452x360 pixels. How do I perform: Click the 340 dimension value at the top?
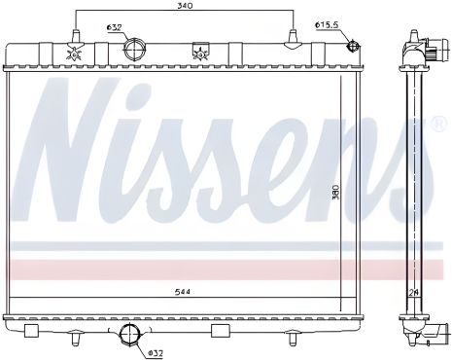pos(184,7)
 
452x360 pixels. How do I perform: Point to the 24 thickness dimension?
pos(414,290)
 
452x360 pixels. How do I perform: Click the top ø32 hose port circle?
pos(136,48)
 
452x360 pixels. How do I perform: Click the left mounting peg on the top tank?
pos(75,39)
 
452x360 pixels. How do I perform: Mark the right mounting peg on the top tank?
pos(292,39)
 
